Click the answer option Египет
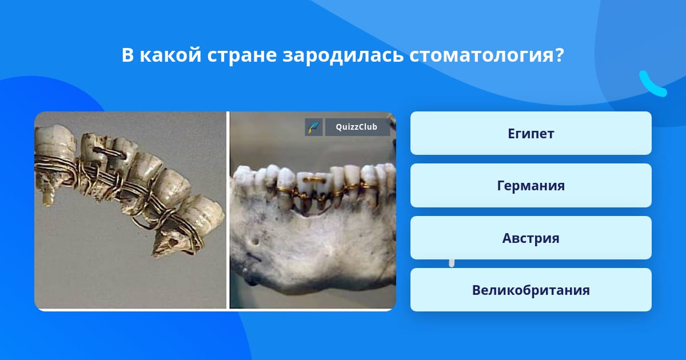[531, 133]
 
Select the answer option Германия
[531, 186]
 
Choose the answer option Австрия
[531, 238]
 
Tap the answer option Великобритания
[531, 290]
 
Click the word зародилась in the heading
[343, 55]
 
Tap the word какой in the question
[170, 54]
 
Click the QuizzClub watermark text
[357, 127]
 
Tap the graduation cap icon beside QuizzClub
[314, 127]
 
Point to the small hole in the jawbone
[254, 242]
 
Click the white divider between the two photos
[228, 210]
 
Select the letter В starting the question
[127, 55]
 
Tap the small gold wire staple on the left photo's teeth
[109, 152]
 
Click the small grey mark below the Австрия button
[452, 263]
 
